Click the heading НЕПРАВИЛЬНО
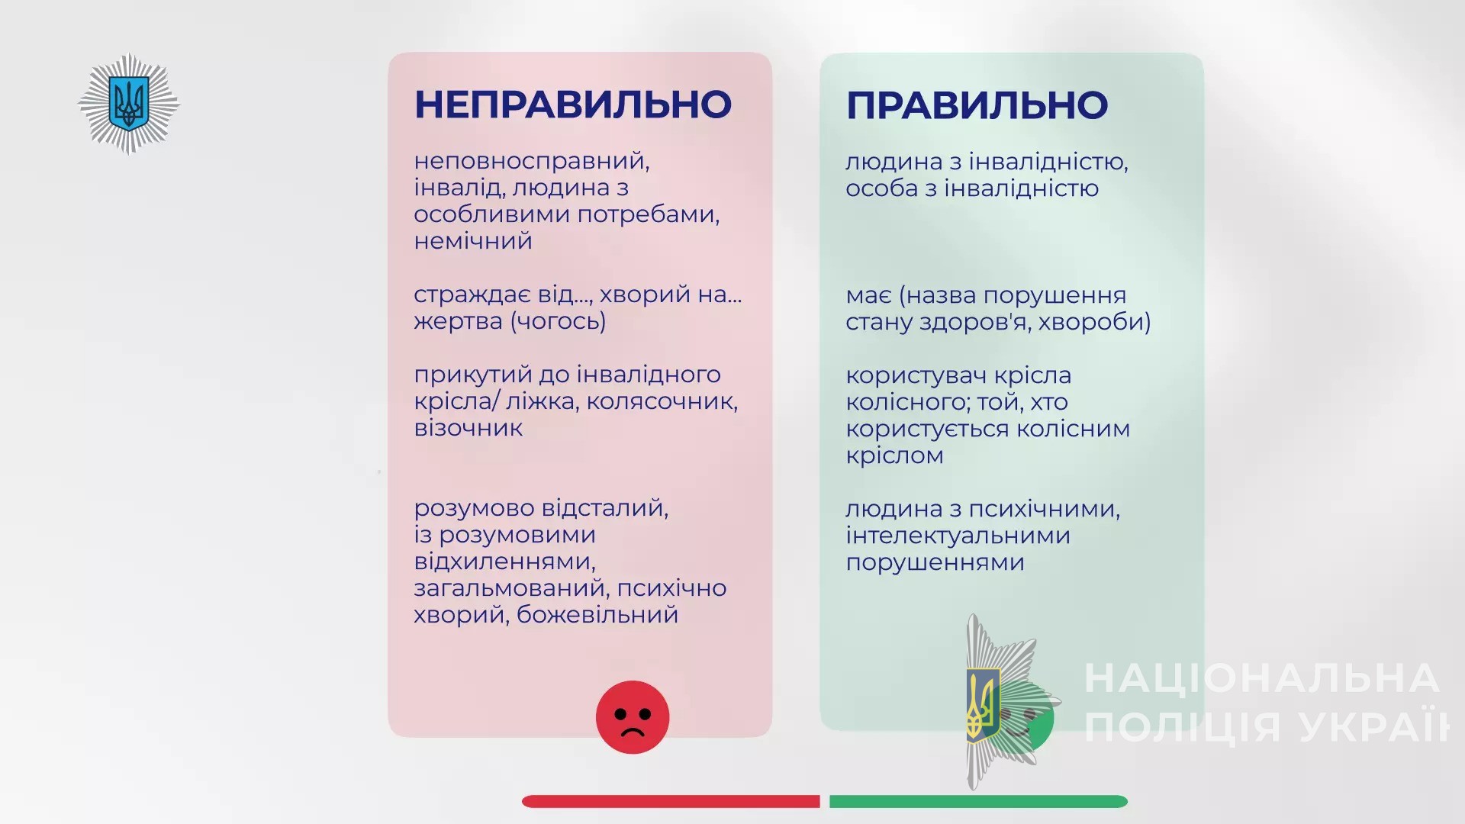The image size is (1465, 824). (x=573, y=105)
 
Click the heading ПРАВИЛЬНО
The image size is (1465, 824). (x=977, y=105)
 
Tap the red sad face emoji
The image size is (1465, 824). (x=633, y=717)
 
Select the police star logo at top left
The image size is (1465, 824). (x=128, y=104)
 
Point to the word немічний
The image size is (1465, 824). (x=473, y=241)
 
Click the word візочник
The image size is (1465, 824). (x=468, y=428)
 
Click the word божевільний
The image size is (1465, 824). (x=597, y=615)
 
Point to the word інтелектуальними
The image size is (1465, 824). (x=958, y=536)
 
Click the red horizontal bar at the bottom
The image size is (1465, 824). (x=671, y=801)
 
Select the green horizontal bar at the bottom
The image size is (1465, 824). (x=978, y=801)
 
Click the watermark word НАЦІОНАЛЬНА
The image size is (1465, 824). (x=1261, y=678)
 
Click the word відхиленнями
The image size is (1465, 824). (x=504, y=562)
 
